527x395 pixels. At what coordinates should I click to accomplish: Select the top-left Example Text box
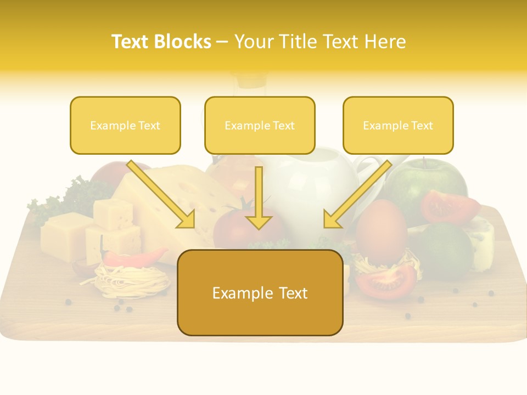coord(125,126)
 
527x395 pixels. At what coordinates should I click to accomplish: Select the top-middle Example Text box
coord(260,126)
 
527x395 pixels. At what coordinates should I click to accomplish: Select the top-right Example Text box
coord(398,126)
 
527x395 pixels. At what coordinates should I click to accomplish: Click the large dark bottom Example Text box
coord(260,293)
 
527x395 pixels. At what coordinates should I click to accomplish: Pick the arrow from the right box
coord(356,195)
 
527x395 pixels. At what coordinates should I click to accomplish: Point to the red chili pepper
coord(134,256)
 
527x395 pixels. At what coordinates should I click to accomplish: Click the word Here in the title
coord(386,42)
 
